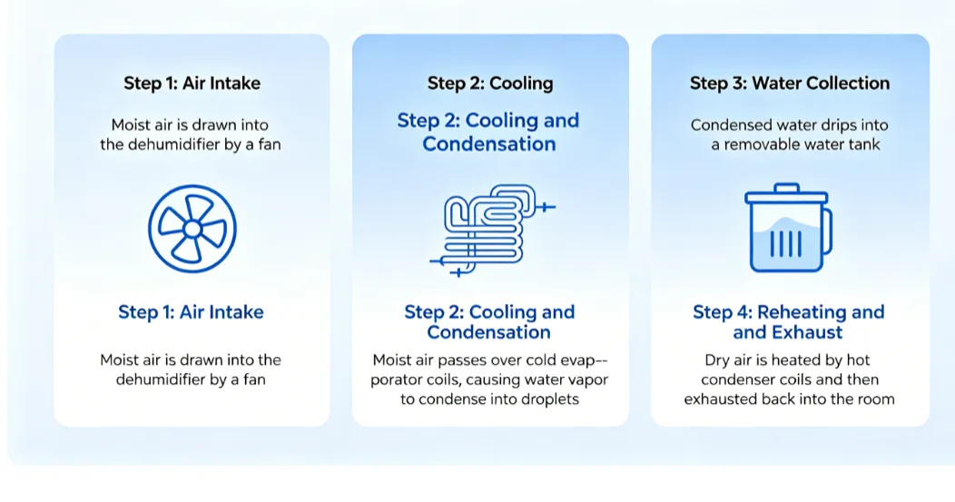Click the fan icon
pos(192,229)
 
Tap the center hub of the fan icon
pos(192,229)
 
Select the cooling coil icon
pos(492,230)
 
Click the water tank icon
pos(788,227)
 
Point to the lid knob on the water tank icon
pos(787,188)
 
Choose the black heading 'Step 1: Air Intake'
pos(192,83)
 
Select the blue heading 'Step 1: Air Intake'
pos(191,312)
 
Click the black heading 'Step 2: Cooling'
pos(490,83)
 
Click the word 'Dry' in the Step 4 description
pos(717,360)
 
